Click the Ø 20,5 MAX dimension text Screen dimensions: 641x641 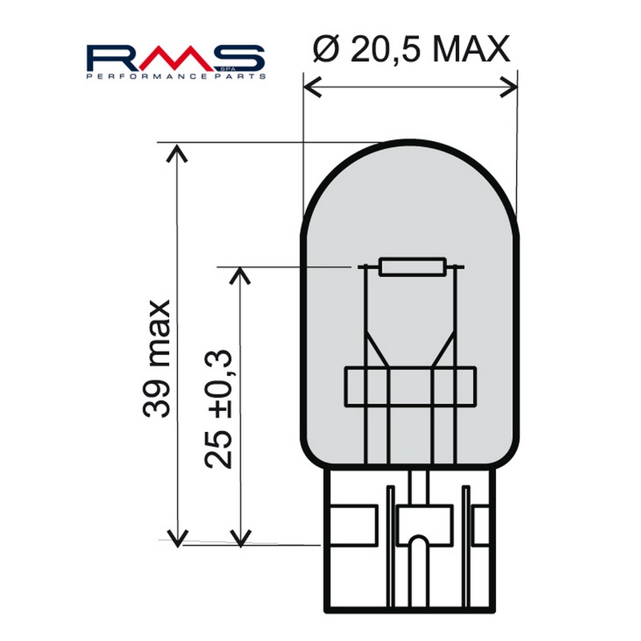coord(409,50)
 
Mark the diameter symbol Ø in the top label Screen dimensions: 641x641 coord(321,50)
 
